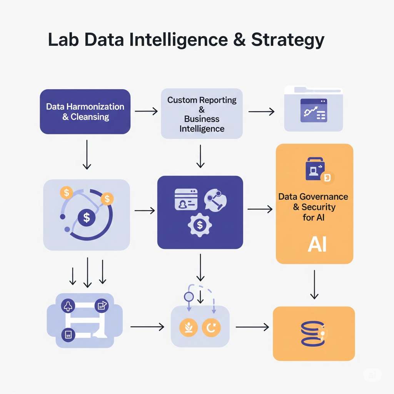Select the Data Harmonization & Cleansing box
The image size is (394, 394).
pos(85,112)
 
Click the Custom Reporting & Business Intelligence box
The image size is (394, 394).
pos(202,114)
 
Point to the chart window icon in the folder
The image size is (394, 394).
pos(313,110)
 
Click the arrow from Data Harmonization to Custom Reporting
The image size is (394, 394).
pos(146,112)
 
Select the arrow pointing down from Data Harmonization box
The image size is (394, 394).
pos(87,154)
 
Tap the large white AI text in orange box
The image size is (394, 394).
pos(317,244)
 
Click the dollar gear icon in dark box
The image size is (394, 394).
pos(199,225)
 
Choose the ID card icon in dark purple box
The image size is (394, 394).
pos(186,199)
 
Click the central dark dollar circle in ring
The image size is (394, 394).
pos(87,218)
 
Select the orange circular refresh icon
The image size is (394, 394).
pos(211,327)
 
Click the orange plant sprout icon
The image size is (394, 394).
pos(189,327)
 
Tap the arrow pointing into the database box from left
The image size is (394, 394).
pos(252,327)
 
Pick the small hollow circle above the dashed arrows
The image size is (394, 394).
pos(189,297)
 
